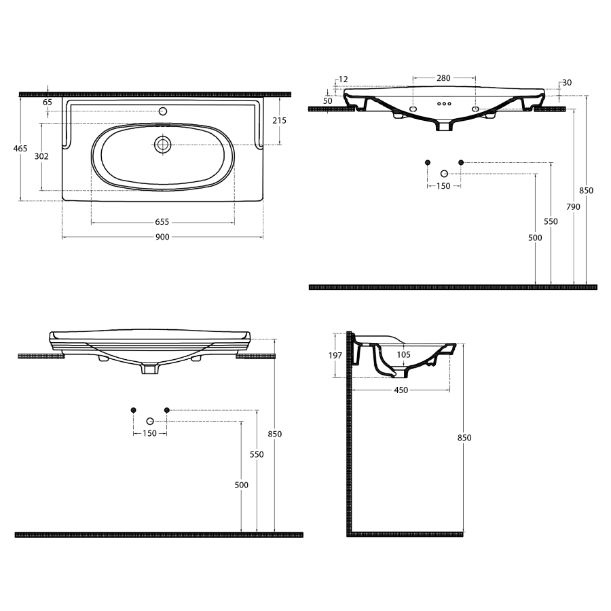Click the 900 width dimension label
[162, 237]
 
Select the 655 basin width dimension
[162, 222]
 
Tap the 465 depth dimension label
[20, 149]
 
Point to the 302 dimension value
[41, 156]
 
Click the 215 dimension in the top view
[279, 120]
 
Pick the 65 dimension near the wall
[47, 102]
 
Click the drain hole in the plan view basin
[162, 145]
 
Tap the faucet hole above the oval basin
[163, 111]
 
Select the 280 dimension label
[443, 78]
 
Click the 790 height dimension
[573, 207]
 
